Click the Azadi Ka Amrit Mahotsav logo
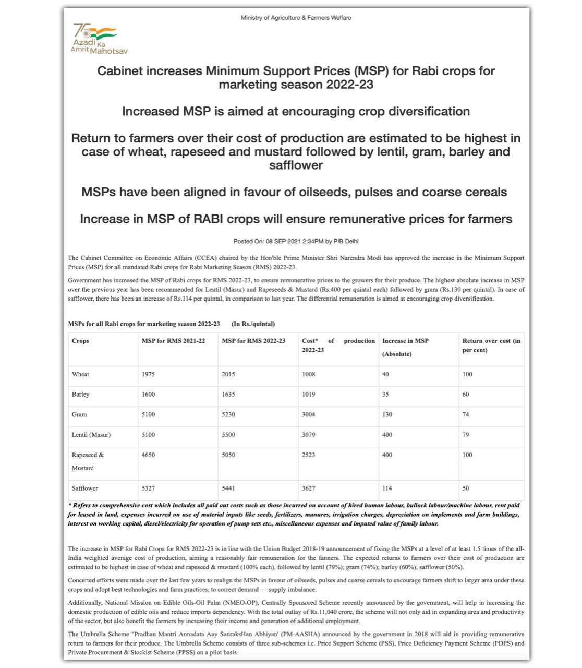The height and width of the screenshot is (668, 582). pyautogui.click(x=99, y=39)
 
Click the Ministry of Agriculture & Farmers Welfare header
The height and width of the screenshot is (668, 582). pyautogui.click(x=296, y=18)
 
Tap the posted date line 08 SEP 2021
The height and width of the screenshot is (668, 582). pyautogui.click(x=296, y=241)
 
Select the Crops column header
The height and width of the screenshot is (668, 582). pyautogui.click(x=80, y=341)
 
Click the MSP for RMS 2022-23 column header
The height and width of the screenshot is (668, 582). pyautogui.click(x=253, y=341)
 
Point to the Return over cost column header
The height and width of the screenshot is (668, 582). pyautogui.click(x=491, y=345)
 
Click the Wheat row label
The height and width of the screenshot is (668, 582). pyautogui.click(x=80, y=374)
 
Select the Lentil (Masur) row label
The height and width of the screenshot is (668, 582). pyautogui.click(x=91, y=435)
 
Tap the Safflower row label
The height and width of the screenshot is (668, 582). pyautogui.click(x=85, y=488)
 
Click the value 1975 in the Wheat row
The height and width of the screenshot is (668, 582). pyautogui.click(x=148, y=374)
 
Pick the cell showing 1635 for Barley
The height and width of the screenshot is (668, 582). pyautogui.click(x=228, y=395)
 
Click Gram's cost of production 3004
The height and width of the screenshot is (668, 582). pyautogui.click(x=309, y=415)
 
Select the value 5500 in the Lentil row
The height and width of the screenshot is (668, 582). pyautogui.click(x=228, y=435)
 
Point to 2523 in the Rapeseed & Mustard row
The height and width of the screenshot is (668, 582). pyautogui.click(x=309, y=455)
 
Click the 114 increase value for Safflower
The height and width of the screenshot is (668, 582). pyautogui.click(x=387, y=488)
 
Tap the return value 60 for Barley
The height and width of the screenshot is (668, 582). pyautogui.click(x=466, y=395)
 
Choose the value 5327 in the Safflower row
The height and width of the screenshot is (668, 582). pyautogui.click(x=148, y=488)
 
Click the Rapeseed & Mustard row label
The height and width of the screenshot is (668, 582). pyautogui.click(x=88, y=461)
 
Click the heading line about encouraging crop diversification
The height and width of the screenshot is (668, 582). pyautogui.click(x=296, y=112)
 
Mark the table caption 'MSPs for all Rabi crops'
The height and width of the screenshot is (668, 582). pyautogui.click(x=144, y=324)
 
